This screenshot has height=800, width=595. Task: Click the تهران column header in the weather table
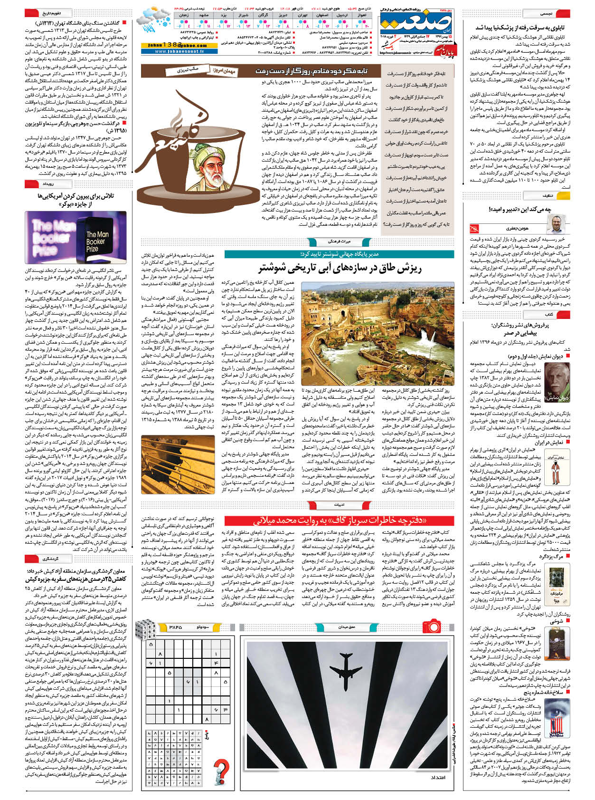tap(302, 15)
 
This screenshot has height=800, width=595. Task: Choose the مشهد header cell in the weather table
tap(205, 15)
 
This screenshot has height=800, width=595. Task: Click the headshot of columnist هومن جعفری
tap(554, 224)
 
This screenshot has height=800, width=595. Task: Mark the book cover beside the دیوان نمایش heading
tap(557, 383)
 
